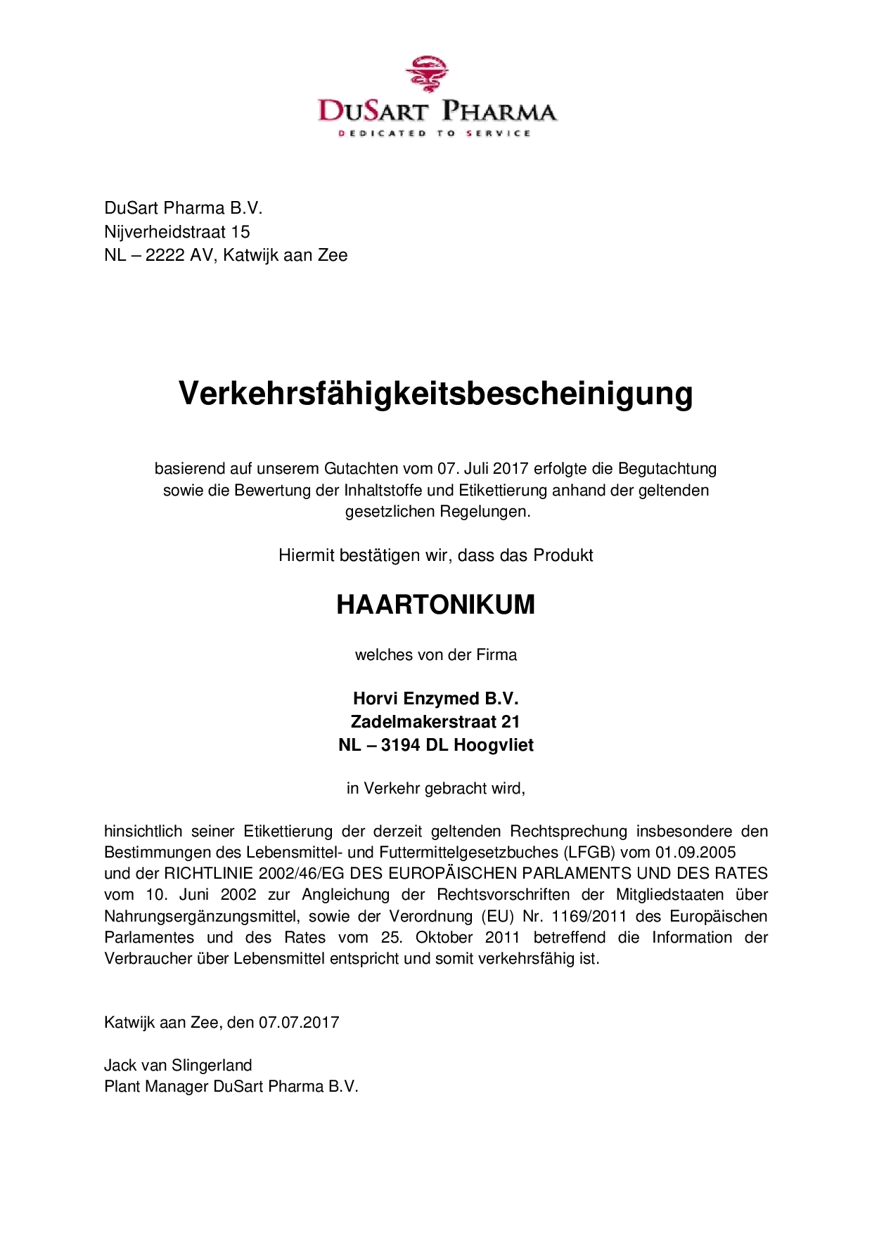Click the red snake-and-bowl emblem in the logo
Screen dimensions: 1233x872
pos(427,75)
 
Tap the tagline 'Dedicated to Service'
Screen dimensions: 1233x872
pos(435,133)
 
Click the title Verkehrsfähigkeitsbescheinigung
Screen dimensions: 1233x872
pos(436,393)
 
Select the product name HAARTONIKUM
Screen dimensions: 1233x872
pos(436,605)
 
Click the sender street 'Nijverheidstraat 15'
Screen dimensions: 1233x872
pos(177,231)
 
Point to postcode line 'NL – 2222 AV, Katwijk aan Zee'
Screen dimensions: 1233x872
pos(226,254)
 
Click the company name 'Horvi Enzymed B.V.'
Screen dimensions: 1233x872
pos(435,699)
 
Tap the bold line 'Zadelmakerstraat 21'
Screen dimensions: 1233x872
pos(435,721)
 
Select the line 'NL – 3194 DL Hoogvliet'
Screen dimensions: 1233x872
pos(435,744)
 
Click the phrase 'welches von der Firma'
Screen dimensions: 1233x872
pos(436,655)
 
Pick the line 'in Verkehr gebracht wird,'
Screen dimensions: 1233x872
pos(436,788)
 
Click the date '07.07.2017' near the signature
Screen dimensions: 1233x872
pos(299,1022)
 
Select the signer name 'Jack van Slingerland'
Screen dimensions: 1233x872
pos(178,1065)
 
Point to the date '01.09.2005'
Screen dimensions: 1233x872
pos(695,852)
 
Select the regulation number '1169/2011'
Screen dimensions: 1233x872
pos(592,916)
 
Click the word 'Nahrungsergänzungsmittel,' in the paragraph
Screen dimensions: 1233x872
pos(202,916)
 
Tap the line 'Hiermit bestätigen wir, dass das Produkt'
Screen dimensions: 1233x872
pos(436,555)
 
